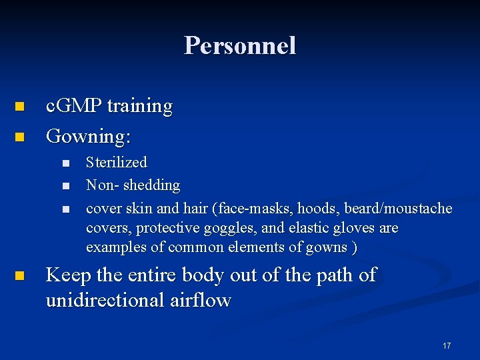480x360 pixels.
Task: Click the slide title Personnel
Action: coord(240,46)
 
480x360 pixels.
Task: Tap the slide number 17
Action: coord(446,346)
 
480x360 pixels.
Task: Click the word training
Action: coord(139,106)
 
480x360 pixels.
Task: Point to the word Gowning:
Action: coord(88,137)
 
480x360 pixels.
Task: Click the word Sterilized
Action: coord(117,163)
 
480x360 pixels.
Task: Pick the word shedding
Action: coord(152,185)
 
